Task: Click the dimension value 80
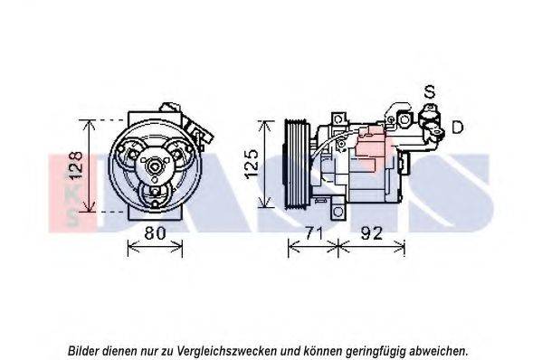(156, 232)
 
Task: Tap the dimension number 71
(313, 233)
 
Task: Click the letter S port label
(430, 91)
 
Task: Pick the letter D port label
(458, 127)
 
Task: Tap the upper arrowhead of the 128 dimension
(90, 124)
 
